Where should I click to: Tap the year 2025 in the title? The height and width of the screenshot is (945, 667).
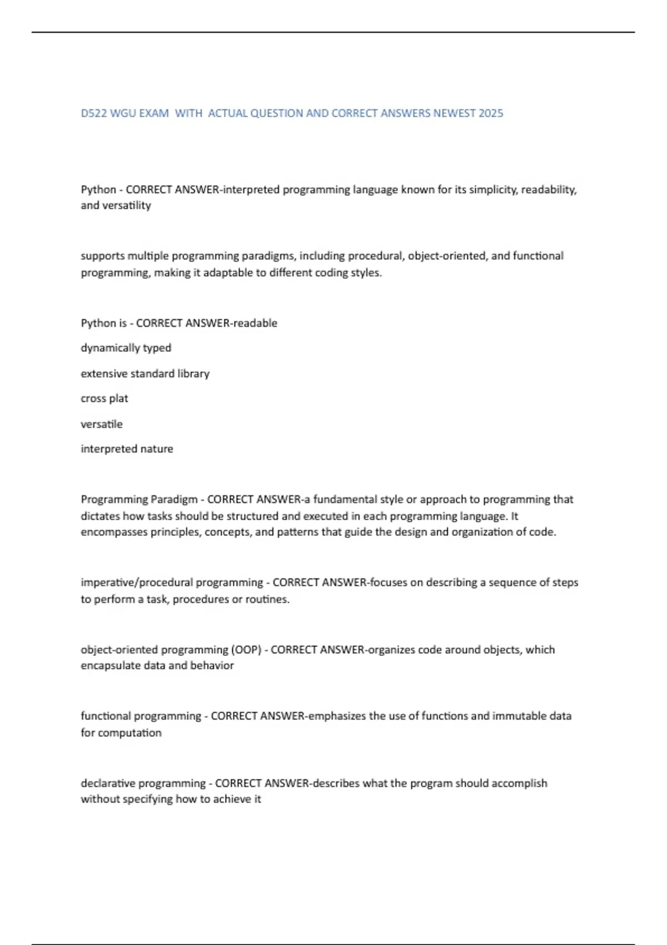coord(491,113)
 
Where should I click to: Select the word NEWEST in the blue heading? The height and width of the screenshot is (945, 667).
coord(454,113)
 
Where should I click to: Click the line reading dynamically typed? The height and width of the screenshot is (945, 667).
coord(126,348)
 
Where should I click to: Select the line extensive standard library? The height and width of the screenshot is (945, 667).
coord(145,374)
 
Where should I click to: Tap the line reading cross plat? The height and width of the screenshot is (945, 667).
coord(104,399)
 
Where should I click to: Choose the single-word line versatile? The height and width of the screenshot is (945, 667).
coord(102,424)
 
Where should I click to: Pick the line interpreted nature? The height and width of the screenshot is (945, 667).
coord(127,449)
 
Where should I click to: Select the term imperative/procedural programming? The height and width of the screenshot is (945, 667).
coord(172,583)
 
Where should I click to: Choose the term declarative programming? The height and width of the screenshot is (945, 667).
coord(143,783)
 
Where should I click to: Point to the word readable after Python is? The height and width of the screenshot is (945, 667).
coord(255,324)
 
